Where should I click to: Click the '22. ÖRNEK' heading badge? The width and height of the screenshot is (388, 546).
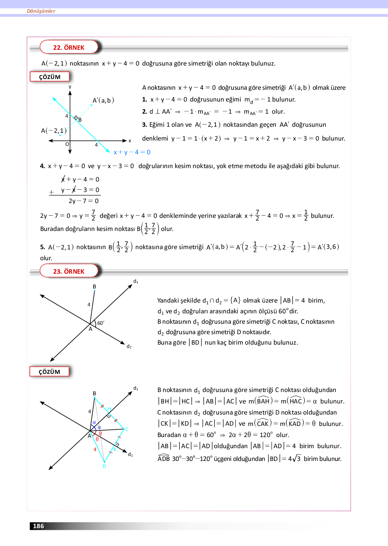pos(69,47)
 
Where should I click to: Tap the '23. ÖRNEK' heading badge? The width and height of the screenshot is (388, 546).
pos(69,271)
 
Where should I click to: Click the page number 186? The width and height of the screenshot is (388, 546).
pos(38,526)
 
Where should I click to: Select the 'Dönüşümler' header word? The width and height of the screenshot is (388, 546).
pos(41,11)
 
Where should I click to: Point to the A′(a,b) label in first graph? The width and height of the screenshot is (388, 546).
pos(103,100)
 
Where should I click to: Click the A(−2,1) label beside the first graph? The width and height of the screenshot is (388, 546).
pos(54,131)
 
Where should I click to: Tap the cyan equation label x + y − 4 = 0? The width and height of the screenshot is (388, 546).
pos(132,152)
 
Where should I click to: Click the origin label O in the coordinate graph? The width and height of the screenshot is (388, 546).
pos(67,144)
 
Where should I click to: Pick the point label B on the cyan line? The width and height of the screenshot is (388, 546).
pos(80,120)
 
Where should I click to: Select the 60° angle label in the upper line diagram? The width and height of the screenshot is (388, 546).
pos(101,323)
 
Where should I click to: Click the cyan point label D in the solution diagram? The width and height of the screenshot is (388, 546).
pos(104,466)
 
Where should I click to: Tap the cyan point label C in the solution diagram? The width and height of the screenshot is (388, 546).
pos(127,429)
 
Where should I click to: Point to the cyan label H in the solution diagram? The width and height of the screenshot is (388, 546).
pos(109,408)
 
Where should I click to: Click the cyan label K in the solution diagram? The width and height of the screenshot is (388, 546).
pos(115,450)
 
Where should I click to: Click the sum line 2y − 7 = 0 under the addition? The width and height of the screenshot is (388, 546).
pos(84,201)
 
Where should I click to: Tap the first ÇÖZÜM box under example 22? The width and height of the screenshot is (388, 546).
pos(50,77)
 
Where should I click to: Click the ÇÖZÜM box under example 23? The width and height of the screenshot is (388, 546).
pos(50,372)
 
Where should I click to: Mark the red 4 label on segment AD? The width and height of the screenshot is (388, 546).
pos(95,450)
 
